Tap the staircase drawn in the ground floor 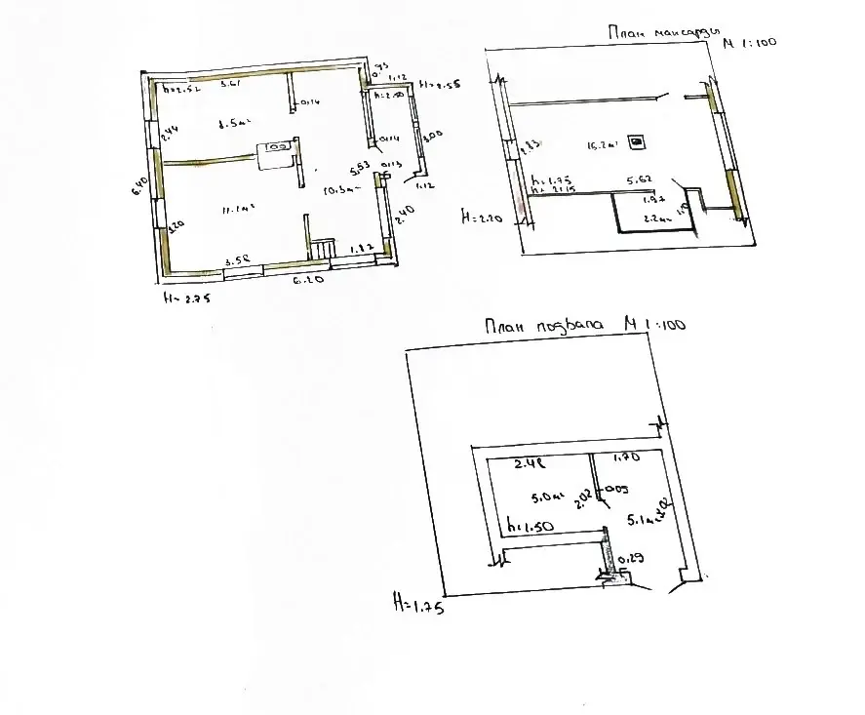pos(325,251)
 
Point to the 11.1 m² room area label pos(237,207)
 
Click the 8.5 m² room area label pos(235,124)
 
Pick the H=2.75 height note pos(186,298)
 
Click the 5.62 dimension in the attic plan pos(639,180)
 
